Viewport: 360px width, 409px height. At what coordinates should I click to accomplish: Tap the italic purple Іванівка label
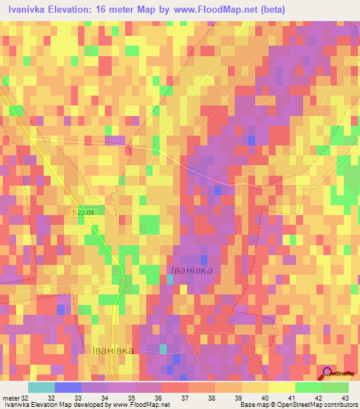pos(191,269)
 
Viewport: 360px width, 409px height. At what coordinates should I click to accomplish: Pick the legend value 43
pos(345,398)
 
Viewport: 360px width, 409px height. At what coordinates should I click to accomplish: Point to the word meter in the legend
pos(11,398)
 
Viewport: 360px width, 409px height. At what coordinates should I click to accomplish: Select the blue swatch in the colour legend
pos(67,387)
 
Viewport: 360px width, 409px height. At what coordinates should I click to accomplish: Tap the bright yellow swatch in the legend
pos(282,387)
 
